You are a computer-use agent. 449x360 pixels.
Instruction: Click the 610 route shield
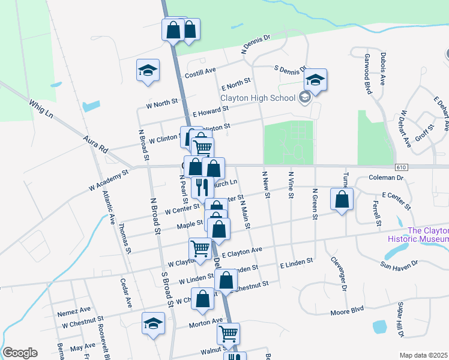(x=402, y=167)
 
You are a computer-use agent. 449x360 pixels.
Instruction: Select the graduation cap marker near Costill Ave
(x=148, y=70)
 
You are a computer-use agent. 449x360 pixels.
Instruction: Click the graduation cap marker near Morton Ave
(x=154, y=323)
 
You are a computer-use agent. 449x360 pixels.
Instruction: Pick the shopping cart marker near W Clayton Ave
(x=200, y=247)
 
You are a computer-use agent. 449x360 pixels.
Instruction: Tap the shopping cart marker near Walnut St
(x=228, y=334)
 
